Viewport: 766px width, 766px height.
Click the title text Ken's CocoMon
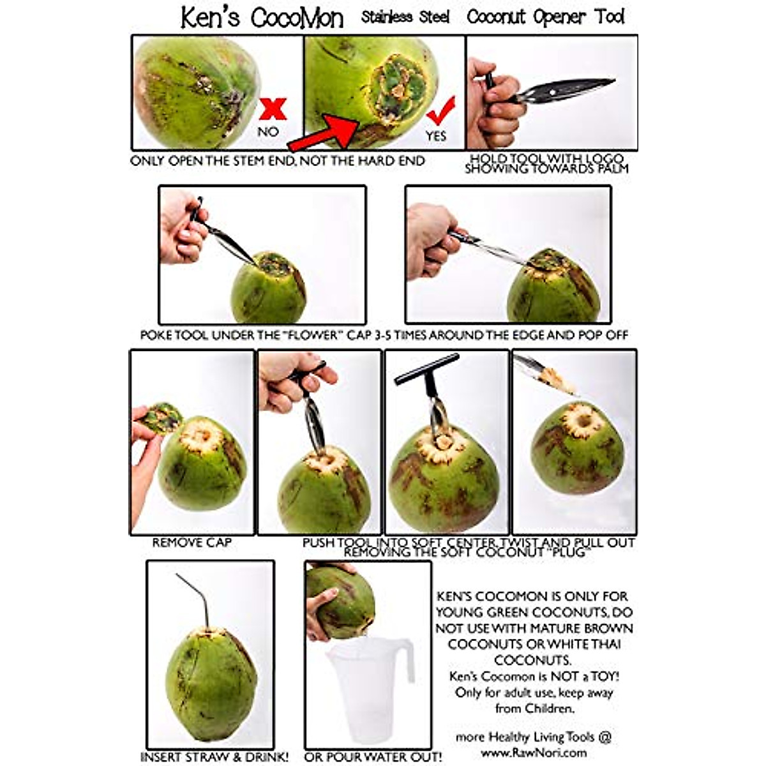pyautogui.click(x=262, y=18)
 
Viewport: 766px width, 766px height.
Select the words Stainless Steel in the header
pyautogui.click(x=405, y=17)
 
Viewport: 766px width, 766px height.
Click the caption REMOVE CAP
pyautogui.click(x=191, y=543)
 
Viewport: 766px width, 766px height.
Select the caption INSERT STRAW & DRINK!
pyautogui.click(x=214, y=757)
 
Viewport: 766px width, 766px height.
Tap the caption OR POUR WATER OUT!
pyautogui.click(x=373, y=757)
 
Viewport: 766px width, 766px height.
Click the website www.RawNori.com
pyautogui.click(x=534, y=752)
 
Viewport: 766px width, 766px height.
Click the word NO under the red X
pyautogui.click(x=269, y=131)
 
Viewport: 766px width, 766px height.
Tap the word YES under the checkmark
pyautogui.click(x=436, y=136)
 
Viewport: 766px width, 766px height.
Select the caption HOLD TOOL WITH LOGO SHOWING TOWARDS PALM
pyautogui.click(x=546, y=163)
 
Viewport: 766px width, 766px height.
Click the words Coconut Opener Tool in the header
pyautogui.click(x=546, y=17)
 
